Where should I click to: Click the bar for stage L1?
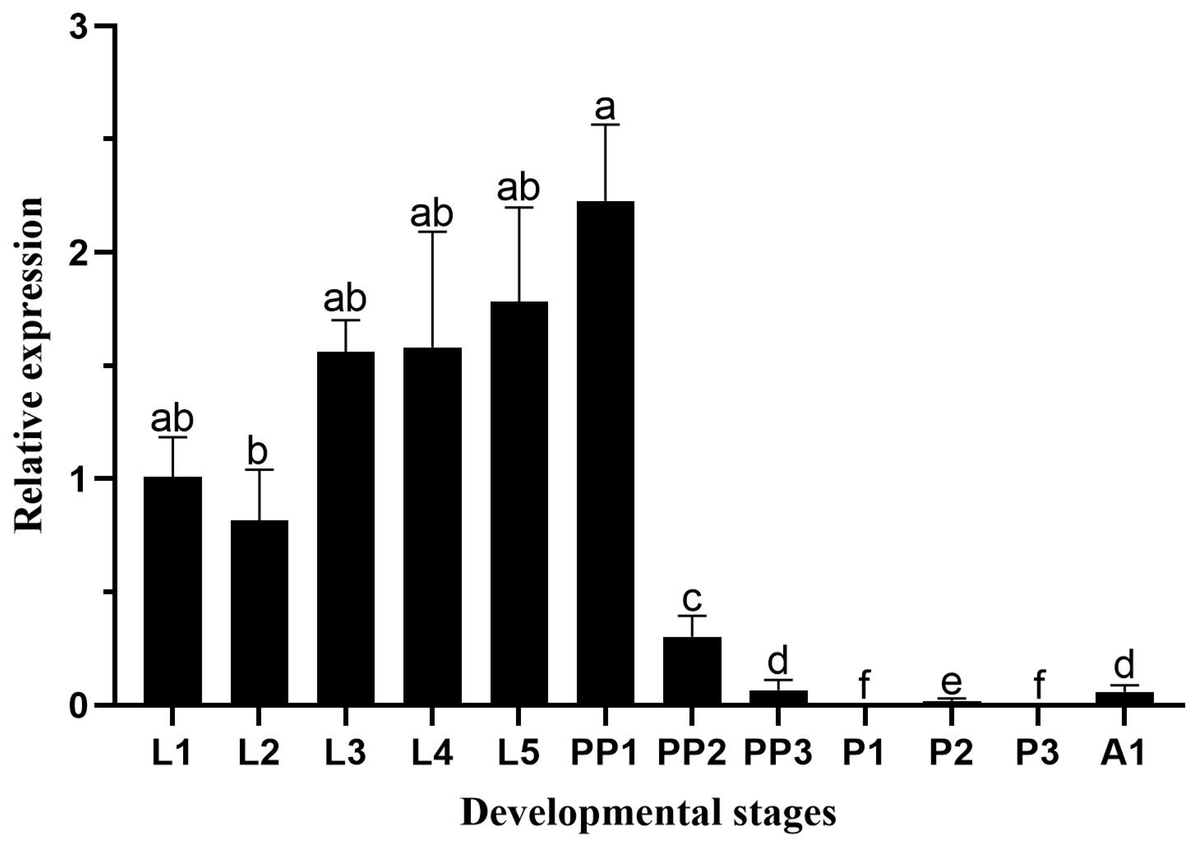(x=172, y=591)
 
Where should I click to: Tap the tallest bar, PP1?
(x=605, y=452)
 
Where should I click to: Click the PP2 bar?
(x=692, y=671)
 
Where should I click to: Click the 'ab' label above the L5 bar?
(x=518, y=188)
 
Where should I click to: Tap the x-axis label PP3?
(x=778, y=753)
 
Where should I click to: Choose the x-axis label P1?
(x=864, y=753)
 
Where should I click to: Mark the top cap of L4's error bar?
(x=432, y=231)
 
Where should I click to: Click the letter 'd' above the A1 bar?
(x=1124, y=665)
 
